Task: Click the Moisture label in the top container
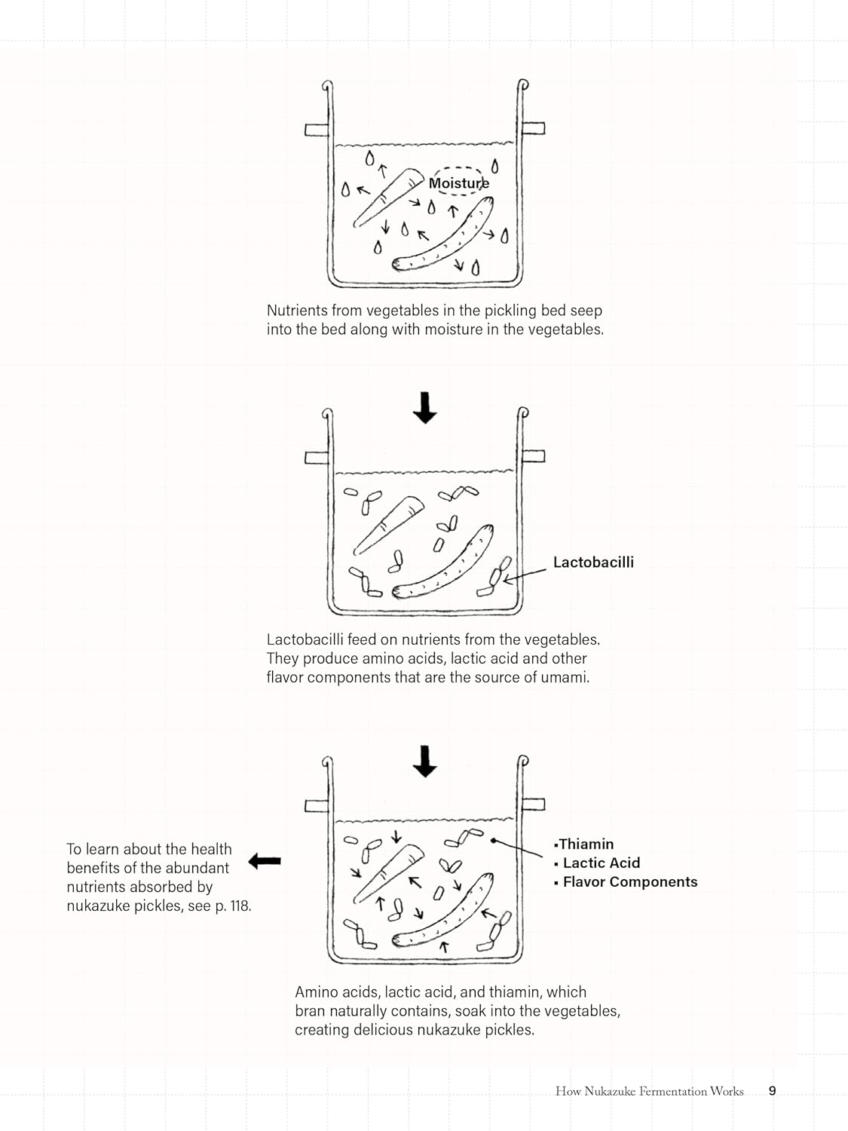pos(458,183)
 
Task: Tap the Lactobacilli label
pos(593,562)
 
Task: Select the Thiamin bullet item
pos(586,844)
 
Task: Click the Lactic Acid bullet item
pos(601,863)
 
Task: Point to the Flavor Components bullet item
pos(629,882)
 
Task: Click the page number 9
pos(772,1091)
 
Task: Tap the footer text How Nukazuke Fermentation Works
pos(649,1091)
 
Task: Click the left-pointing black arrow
pos(265,860)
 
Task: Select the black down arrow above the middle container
pos(425,407)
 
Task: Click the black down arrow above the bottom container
pos(425,762)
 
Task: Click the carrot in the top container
pos(388,197)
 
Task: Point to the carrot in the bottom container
pos(388,872)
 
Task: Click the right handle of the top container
pos(534,128)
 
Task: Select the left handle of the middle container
pos(317,458)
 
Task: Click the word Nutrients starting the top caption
pos(297,311)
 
